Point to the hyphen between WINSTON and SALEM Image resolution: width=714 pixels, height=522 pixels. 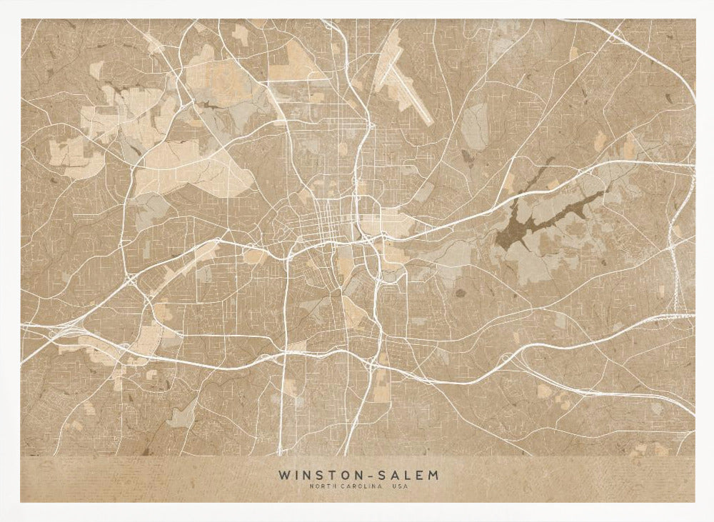click(x=363, y=475)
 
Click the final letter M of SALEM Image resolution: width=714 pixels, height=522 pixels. click(x=434, y=474)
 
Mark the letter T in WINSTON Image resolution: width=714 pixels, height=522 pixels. click(x=329, y=474)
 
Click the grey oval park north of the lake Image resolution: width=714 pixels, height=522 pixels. click(x=474, y=121)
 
